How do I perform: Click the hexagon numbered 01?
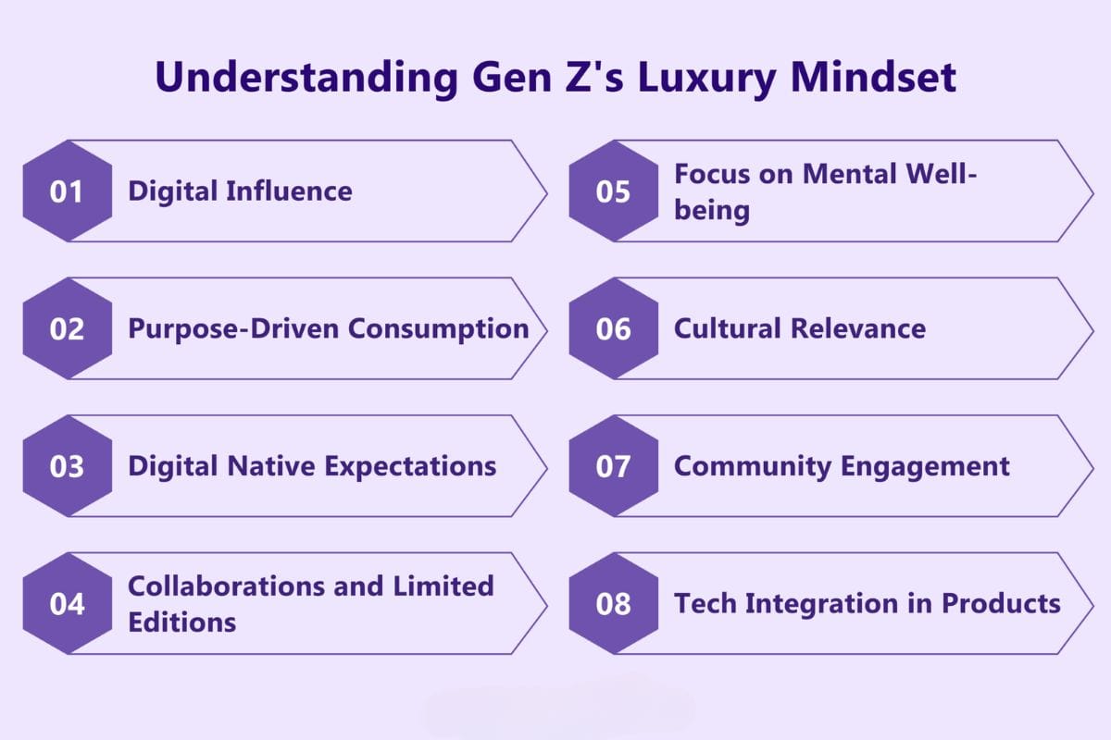click(67, 191)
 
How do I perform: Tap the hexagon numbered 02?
click(67, 328)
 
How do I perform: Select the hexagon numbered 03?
click(67, 466)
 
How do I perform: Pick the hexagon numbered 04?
click(67, 604)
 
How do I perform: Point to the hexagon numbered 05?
click(613, 191)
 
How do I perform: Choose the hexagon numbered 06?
click(613, 328)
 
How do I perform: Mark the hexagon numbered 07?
click(613, 466)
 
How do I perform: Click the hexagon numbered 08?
click(613, 604)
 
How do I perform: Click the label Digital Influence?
click(240, 191)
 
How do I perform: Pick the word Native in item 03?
click(270, 466)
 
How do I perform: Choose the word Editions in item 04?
click(181, 622)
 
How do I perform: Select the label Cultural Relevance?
click(799, 328)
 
